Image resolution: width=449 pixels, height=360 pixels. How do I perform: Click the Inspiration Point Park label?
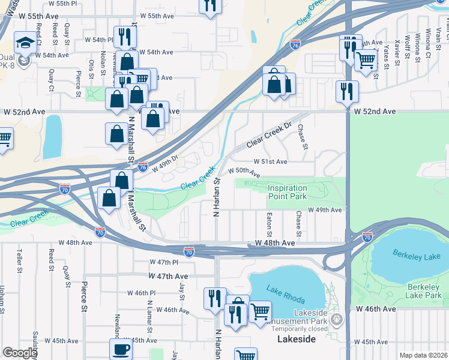point(287,192)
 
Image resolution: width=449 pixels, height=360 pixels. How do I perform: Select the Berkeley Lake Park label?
point(424,291)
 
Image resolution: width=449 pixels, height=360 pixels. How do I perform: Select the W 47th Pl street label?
point(164,262)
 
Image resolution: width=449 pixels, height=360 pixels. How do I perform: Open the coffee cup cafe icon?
point(121,350)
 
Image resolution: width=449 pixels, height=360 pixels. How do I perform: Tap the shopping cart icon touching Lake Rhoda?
point(259,312)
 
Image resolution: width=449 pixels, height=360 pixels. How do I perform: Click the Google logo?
point(20,353)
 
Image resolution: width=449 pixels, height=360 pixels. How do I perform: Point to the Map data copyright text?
point(423,355)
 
